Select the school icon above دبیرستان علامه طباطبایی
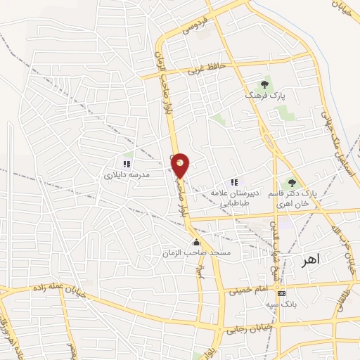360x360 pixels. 234,182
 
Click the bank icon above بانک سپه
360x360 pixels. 282,292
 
